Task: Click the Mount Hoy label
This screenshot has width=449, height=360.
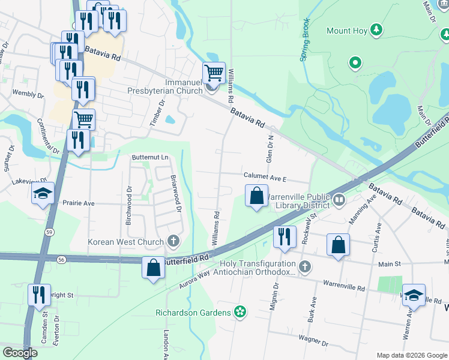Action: click(346, 31)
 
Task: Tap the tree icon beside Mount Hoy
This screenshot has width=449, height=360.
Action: click(376, 29)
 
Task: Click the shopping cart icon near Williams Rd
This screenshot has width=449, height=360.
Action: click(214, 73)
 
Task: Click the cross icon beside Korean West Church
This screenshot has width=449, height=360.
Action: click(173, 242)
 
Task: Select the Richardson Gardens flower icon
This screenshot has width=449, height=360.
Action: click(241, 311)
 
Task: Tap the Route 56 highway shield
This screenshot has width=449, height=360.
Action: click(62, 259)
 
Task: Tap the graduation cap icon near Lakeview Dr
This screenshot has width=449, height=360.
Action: click(43, 193)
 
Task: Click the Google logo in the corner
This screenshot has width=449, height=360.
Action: click(20, 353)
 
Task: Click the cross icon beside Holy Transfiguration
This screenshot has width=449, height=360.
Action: click(305, 266)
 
